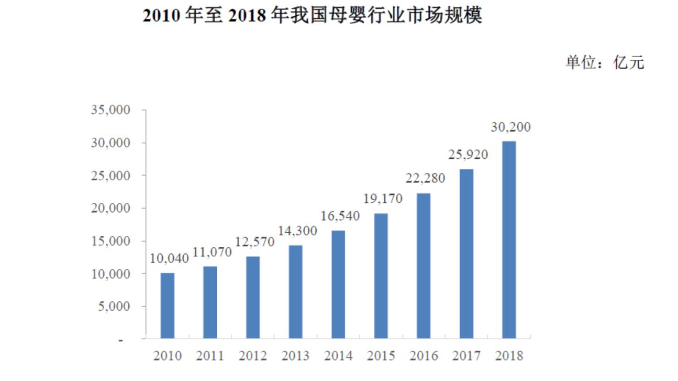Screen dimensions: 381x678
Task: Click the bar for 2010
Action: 168,306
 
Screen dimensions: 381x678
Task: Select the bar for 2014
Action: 338,284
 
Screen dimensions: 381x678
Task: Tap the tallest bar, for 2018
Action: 509,240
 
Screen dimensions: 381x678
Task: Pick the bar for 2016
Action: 424,266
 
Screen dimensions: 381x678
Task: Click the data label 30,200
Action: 510,127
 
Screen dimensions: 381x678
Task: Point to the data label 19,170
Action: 382,200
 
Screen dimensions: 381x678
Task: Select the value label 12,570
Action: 254,243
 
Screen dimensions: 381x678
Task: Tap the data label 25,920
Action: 468,155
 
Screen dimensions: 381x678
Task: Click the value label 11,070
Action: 211,253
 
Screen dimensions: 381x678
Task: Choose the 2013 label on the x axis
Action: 296,356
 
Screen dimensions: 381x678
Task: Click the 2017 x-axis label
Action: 466,356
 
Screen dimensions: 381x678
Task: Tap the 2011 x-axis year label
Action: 210,356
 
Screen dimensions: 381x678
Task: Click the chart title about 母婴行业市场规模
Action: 312,16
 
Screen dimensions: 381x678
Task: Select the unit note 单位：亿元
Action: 605,63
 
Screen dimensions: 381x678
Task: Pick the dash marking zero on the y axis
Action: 121,340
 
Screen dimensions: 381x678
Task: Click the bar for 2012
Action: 253,297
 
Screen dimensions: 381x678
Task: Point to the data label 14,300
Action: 297,232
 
